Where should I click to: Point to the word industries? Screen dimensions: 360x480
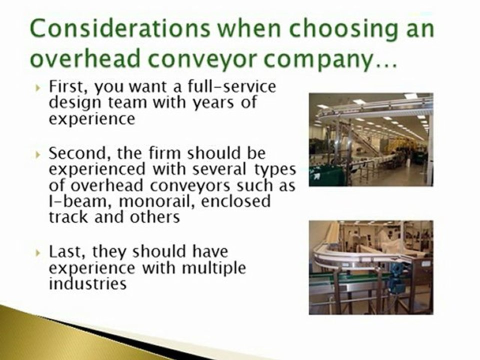[x=87, y=283]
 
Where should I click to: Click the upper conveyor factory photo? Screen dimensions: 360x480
[x=370, y=139]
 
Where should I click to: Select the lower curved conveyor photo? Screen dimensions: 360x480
[x=370, y=267]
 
